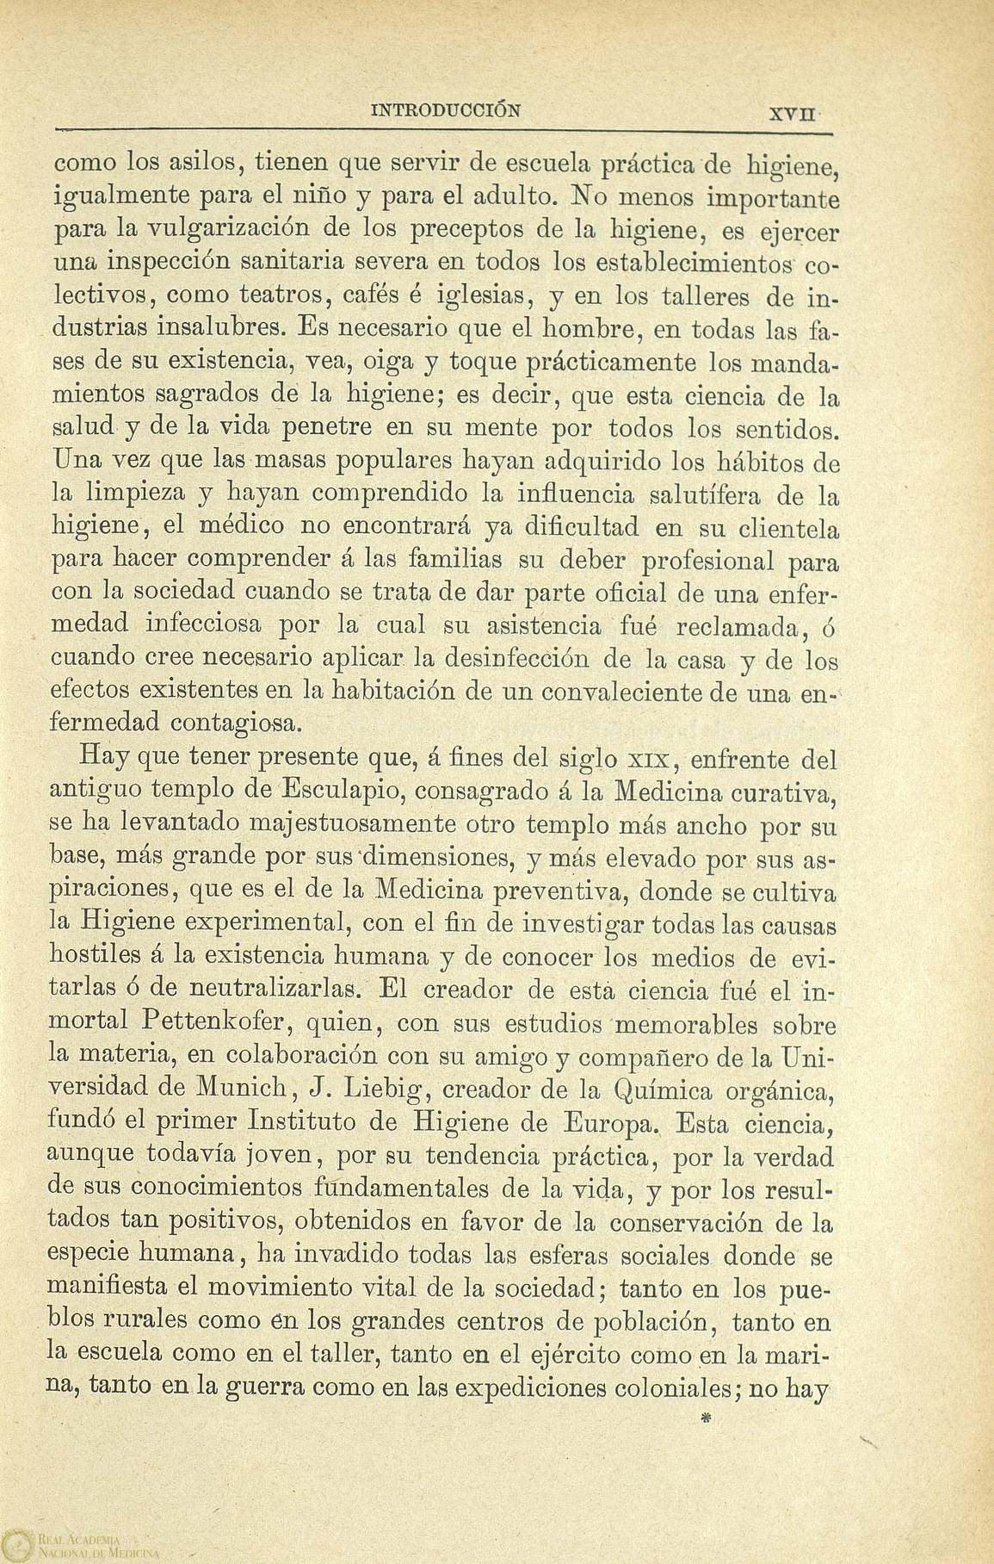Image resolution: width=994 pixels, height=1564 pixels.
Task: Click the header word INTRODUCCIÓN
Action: point(445,111)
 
